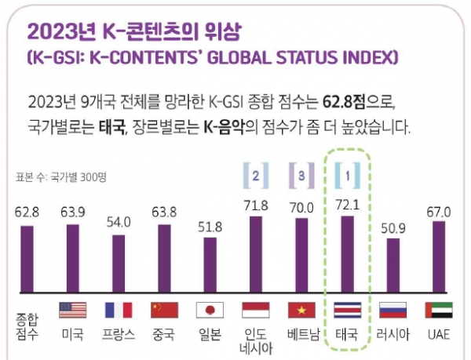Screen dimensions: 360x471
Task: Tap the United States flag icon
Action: pyautogui.click(x=72, y=310)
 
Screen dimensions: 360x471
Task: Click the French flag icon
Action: pyautogui.click(x=118, y=310)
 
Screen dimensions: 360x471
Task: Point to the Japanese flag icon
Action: pyautogui.click(x=210, y=310)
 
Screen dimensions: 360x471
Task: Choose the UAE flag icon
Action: pyautogui.click(x=438, y=310)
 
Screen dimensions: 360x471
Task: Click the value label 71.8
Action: pyautogui.click(x=255, y=205)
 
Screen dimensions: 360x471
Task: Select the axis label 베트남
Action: pyautogui.click(x=301, y=333)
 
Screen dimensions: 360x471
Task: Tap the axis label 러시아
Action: pyautogui.click(x=392, y=333)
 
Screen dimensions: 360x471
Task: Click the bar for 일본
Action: pyautogui.click(x=210, y=264)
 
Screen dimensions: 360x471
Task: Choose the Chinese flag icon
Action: pyautogui.click(x=164, y=310)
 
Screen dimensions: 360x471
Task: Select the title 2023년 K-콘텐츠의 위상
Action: pyautogui.click(x=134, y=32)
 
